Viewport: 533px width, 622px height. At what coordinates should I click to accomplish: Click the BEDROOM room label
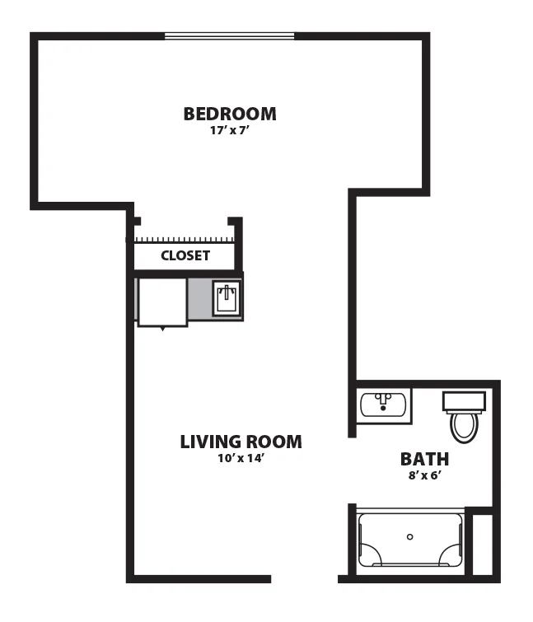pyautogui.click(x=230, y=114)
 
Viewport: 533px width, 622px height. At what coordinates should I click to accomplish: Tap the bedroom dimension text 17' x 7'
pyautogui.click(x=229, y=130)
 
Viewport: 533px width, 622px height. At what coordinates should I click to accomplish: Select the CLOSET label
pyautogui.click(x=185, y=255)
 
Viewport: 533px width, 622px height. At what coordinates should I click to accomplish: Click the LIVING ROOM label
pyautogui.click(x=241, y=442)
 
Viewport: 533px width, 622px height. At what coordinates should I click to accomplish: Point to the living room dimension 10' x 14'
pyautogui.click(x=241, y=458)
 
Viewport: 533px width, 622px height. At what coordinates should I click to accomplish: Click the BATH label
pyautogui.click(x=425, y=459)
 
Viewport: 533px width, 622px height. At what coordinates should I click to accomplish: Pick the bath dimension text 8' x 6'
pyautogui.click(x=425, y=475)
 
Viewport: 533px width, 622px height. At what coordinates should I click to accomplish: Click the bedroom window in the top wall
pyautogui.click(x=230, y=36)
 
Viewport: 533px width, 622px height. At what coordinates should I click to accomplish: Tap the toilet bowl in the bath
pyautogui.click(x=465, y=428)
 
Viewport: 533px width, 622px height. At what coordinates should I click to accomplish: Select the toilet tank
pyautogui.click(x=464, y=401)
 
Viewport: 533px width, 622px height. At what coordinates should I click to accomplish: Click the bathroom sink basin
pyautogui.click(x=383, y=405)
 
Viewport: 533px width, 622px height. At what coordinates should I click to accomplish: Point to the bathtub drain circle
pyautogui.click(x=410, y=536)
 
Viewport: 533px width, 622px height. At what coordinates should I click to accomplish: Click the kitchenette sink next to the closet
pyautogui.click(x=227, y=298)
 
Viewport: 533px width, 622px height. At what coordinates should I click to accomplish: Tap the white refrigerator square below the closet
pyautogui.click(x=162, y=302)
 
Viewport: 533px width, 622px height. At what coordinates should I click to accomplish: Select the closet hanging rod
pyautogui.click(x=185, y=240)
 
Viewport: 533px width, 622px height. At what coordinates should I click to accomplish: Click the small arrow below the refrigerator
pyautogui.click(x=162, y=329)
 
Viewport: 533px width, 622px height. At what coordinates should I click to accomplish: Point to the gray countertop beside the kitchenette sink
pyautogui.click(x=200, y=298)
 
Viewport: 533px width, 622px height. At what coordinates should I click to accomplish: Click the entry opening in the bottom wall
pyautogui.click(x=305, y=579)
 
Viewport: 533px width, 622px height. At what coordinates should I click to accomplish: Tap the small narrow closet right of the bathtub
pyautogui.click(x=483, y=545)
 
